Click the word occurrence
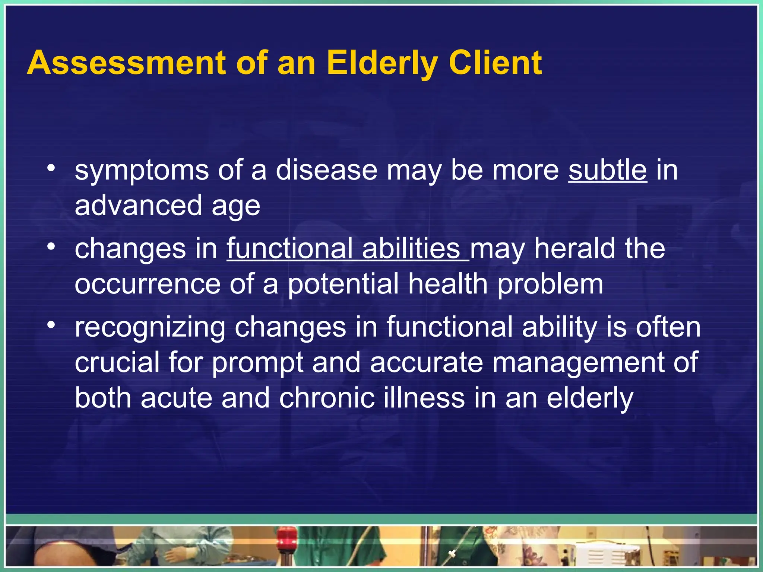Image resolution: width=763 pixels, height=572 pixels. [148, 285]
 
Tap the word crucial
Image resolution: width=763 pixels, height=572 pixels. [117, 362]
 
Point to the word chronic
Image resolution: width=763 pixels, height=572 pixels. [327, 398]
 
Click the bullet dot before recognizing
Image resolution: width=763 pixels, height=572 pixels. [51, 325]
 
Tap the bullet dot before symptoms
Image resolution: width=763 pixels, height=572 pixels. [51, 168]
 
